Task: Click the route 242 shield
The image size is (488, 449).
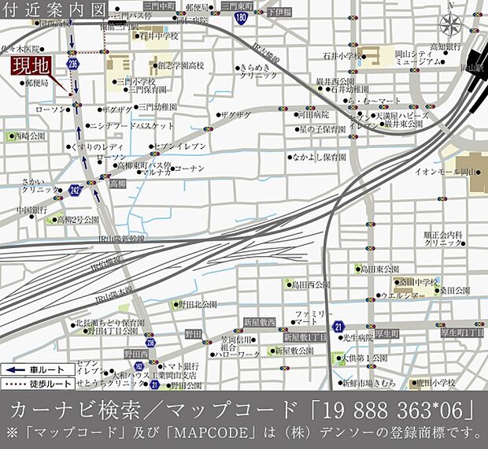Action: point(75,190)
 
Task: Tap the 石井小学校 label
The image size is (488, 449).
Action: point(340,55)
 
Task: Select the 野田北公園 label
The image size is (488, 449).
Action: point(197,303)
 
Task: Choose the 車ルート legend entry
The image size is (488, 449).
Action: point(31,368)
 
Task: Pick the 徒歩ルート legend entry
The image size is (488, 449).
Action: point(31,383)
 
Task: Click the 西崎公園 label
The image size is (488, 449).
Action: point(28,136)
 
